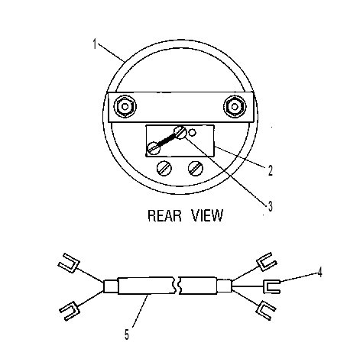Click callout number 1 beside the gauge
(95, 44)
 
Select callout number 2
(271, 170)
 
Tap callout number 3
(270, 206)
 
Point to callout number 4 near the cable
(319, 272)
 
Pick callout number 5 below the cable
(127, 335)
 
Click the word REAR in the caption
(164, 215)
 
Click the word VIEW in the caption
(207, 215)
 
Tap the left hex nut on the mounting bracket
(125, 107)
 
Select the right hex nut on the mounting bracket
(235, 106)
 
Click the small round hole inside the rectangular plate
(192, 132)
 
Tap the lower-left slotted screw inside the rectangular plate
(154, 148)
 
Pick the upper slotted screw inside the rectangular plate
(180, 133)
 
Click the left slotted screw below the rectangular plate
(164, 168)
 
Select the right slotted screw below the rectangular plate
(196, 168)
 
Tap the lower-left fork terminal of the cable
(70, 311)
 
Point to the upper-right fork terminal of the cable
(265, 262)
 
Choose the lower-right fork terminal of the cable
(265, 310)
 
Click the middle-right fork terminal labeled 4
(271, 286)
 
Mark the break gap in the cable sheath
(177, 286)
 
